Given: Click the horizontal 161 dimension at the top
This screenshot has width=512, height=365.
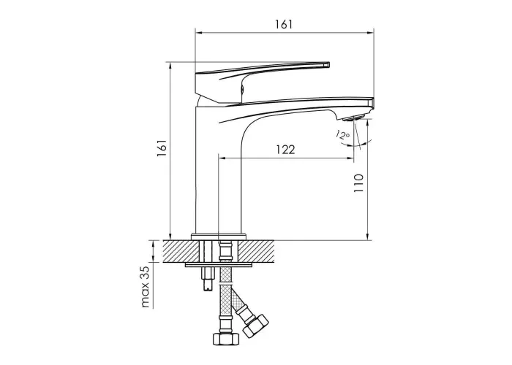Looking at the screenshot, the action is tap(284, 24).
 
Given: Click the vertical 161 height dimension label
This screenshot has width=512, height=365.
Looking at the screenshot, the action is tap(162, 148).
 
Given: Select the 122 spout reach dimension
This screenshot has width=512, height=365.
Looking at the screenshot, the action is tap(285, 150).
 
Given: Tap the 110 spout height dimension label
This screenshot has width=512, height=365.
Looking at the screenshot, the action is tap(358, 182).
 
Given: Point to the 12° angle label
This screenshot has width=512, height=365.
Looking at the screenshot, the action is tap(342, 134).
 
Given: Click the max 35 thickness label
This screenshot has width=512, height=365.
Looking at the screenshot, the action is tap(146, 287).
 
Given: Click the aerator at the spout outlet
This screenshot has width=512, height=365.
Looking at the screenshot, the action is tap(354, 118).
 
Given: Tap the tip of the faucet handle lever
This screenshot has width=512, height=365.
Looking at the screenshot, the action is tap(328, 64).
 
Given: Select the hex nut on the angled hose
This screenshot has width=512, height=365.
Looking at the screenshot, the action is tap(256, 325).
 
